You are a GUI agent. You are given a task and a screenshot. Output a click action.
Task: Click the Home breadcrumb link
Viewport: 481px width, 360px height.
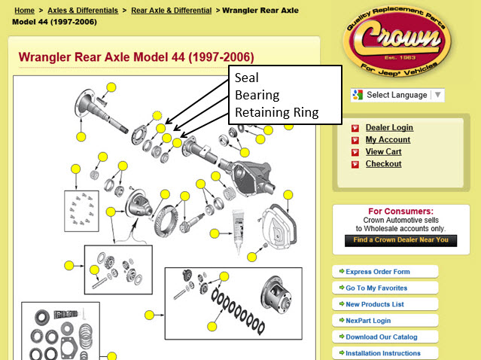[x=24, y=11]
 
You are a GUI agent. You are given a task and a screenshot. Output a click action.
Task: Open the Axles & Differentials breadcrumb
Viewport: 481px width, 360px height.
[x=83, y=11]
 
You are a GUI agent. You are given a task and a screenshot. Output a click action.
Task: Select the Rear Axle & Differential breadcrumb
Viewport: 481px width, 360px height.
[x=171, y=11]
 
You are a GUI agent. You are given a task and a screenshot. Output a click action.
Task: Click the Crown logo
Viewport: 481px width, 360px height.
[x=397, y=41]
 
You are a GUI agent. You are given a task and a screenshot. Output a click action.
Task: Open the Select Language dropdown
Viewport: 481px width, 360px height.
[x=397, y=95]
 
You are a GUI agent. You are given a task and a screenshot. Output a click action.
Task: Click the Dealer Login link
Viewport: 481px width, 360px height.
[x=389, y=127]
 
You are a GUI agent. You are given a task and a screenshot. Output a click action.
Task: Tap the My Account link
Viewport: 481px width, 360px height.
[x=388, y=139]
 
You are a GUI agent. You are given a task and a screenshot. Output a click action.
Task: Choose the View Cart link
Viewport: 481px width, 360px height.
[x=383, y=151]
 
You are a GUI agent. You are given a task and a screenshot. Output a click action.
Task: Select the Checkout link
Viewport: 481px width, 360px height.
[x=383, y=164]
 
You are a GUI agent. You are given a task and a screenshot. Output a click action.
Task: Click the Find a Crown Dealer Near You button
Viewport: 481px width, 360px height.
[x=400, y=240]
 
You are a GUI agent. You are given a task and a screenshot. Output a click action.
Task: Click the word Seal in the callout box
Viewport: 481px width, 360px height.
[x=247, y=78]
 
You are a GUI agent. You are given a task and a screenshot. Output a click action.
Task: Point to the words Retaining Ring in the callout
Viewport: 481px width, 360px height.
[x=277, y=112]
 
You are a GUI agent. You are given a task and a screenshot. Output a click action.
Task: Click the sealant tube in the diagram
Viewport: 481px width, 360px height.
[x=238, y=230]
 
